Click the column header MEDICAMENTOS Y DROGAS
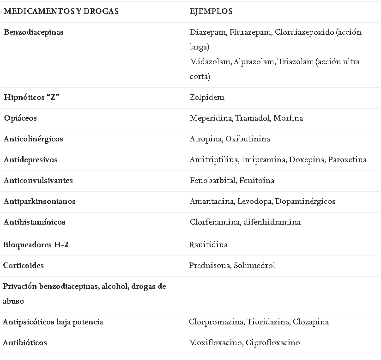61,11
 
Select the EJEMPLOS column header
211,11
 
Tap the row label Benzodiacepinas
34,32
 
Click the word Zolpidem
207,98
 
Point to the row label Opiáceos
20,118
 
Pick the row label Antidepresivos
30,160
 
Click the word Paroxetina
347,160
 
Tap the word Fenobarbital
213,181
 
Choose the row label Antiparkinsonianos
39,201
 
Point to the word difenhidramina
272,222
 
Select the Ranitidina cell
208,245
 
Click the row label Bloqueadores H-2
36,245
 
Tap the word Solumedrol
254,266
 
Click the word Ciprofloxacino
273,343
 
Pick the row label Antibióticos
25,343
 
